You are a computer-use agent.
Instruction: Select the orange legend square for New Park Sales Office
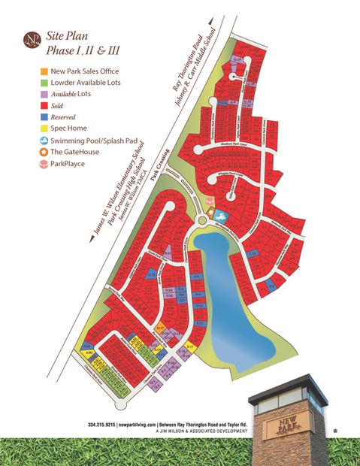tap(45, 71)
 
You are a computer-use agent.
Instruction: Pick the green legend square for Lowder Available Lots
tap(45, 82)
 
